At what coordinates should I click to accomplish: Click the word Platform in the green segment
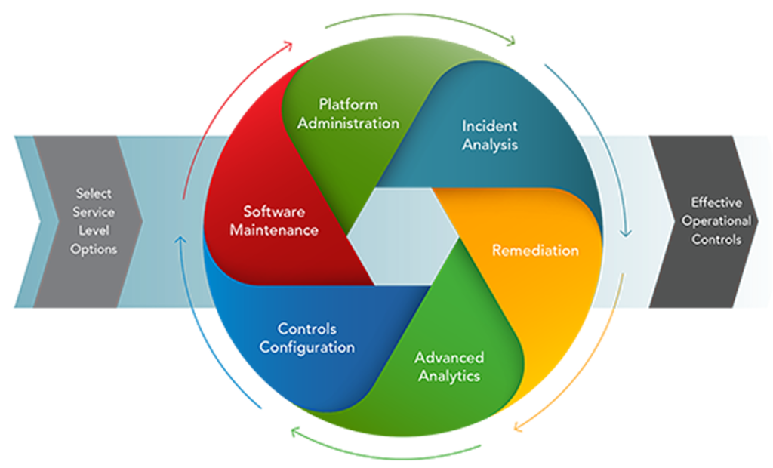[x=348, y=104]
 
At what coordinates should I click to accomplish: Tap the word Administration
[x=348, y=122]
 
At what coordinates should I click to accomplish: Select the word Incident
[x=490, y=125]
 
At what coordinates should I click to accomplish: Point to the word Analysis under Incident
[x=490, y=144]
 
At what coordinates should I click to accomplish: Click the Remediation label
[x=535, y=250]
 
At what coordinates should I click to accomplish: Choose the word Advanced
[x=449, y=357]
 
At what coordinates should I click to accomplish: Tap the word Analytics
[x=449, y=375]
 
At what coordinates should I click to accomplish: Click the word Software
[x=274, y=211]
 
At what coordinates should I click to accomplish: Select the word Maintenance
[x=274, y=229]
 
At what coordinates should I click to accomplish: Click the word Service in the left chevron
[x=94, y=212]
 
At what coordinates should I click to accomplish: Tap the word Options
[x=94, y=248]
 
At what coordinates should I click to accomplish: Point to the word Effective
[x=716, y=202]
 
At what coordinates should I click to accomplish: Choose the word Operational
[x=716, y=221]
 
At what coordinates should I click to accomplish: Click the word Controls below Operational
[x=716, y=240]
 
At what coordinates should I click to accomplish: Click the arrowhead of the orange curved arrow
[x=518, y=428]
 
